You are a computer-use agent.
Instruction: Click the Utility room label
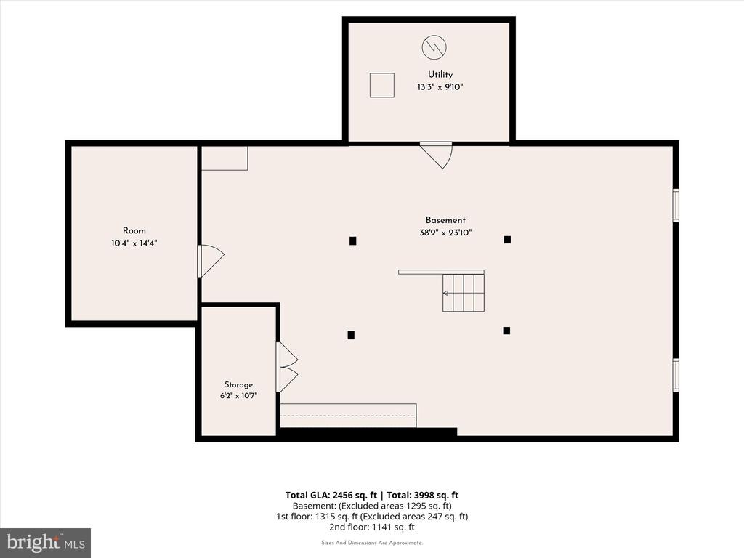440,75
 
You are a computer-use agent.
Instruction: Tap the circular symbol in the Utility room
434,47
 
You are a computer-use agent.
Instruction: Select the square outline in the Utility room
382,86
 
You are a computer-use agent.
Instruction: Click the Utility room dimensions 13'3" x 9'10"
440,87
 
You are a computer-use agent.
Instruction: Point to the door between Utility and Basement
436,155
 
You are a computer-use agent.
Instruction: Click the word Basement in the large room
445,220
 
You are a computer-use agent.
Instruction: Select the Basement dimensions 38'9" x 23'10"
445,232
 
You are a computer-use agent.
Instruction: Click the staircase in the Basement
464,293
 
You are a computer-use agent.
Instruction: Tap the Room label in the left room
134,230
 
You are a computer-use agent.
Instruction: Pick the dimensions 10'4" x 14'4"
134,243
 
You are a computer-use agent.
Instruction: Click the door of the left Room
211,261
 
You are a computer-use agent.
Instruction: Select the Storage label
238,385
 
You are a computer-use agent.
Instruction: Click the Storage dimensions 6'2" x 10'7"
238,396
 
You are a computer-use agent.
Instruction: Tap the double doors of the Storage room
287,367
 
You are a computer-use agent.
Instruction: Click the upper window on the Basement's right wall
676,205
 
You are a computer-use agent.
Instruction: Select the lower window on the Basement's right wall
676,375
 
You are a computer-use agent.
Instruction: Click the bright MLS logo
46,542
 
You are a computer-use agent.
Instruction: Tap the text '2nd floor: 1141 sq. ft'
372,527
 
